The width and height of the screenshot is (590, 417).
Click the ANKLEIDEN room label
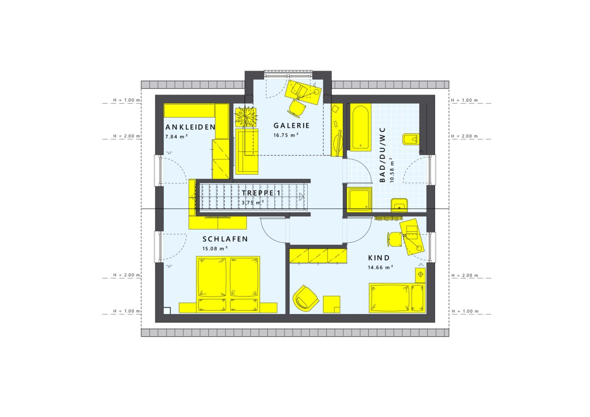click(190, 127)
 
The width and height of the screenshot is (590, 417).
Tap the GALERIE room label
click(291, 125)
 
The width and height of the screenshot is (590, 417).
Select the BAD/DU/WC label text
click(382, 155)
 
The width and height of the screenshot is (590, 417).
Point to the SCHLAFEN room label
click(225, 239)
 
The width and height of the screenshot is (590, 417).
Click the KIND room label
click(378, 258)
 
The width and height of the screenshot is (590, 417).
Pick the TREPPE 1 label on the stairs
click(260, 194)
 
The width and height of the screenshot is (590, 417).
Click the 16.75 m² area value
click(286, 135)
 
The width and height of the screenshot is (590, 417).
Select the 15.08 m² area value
click(215, 249)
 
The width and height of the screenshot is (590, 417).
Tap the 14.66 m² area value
click(380, 267)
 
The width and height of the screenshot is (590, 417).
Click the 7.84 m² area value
click(177, 137)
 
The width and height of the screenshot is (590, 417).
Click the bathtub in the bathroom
click(360, 128)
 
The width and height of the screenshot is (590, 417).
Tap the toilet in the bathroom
click(410, 139)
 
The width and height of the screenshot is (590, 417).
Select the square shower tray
click(360, 199)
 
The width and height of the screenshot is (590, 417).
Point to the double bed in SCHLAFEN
click(228, 284)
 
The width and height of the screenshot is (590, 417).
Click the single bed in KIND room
click(397, 298)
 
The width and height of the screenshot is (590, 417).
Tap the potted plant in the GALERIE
click(245, 116)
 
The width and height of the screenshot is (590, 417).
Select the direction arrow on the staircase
click(301, 197)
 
